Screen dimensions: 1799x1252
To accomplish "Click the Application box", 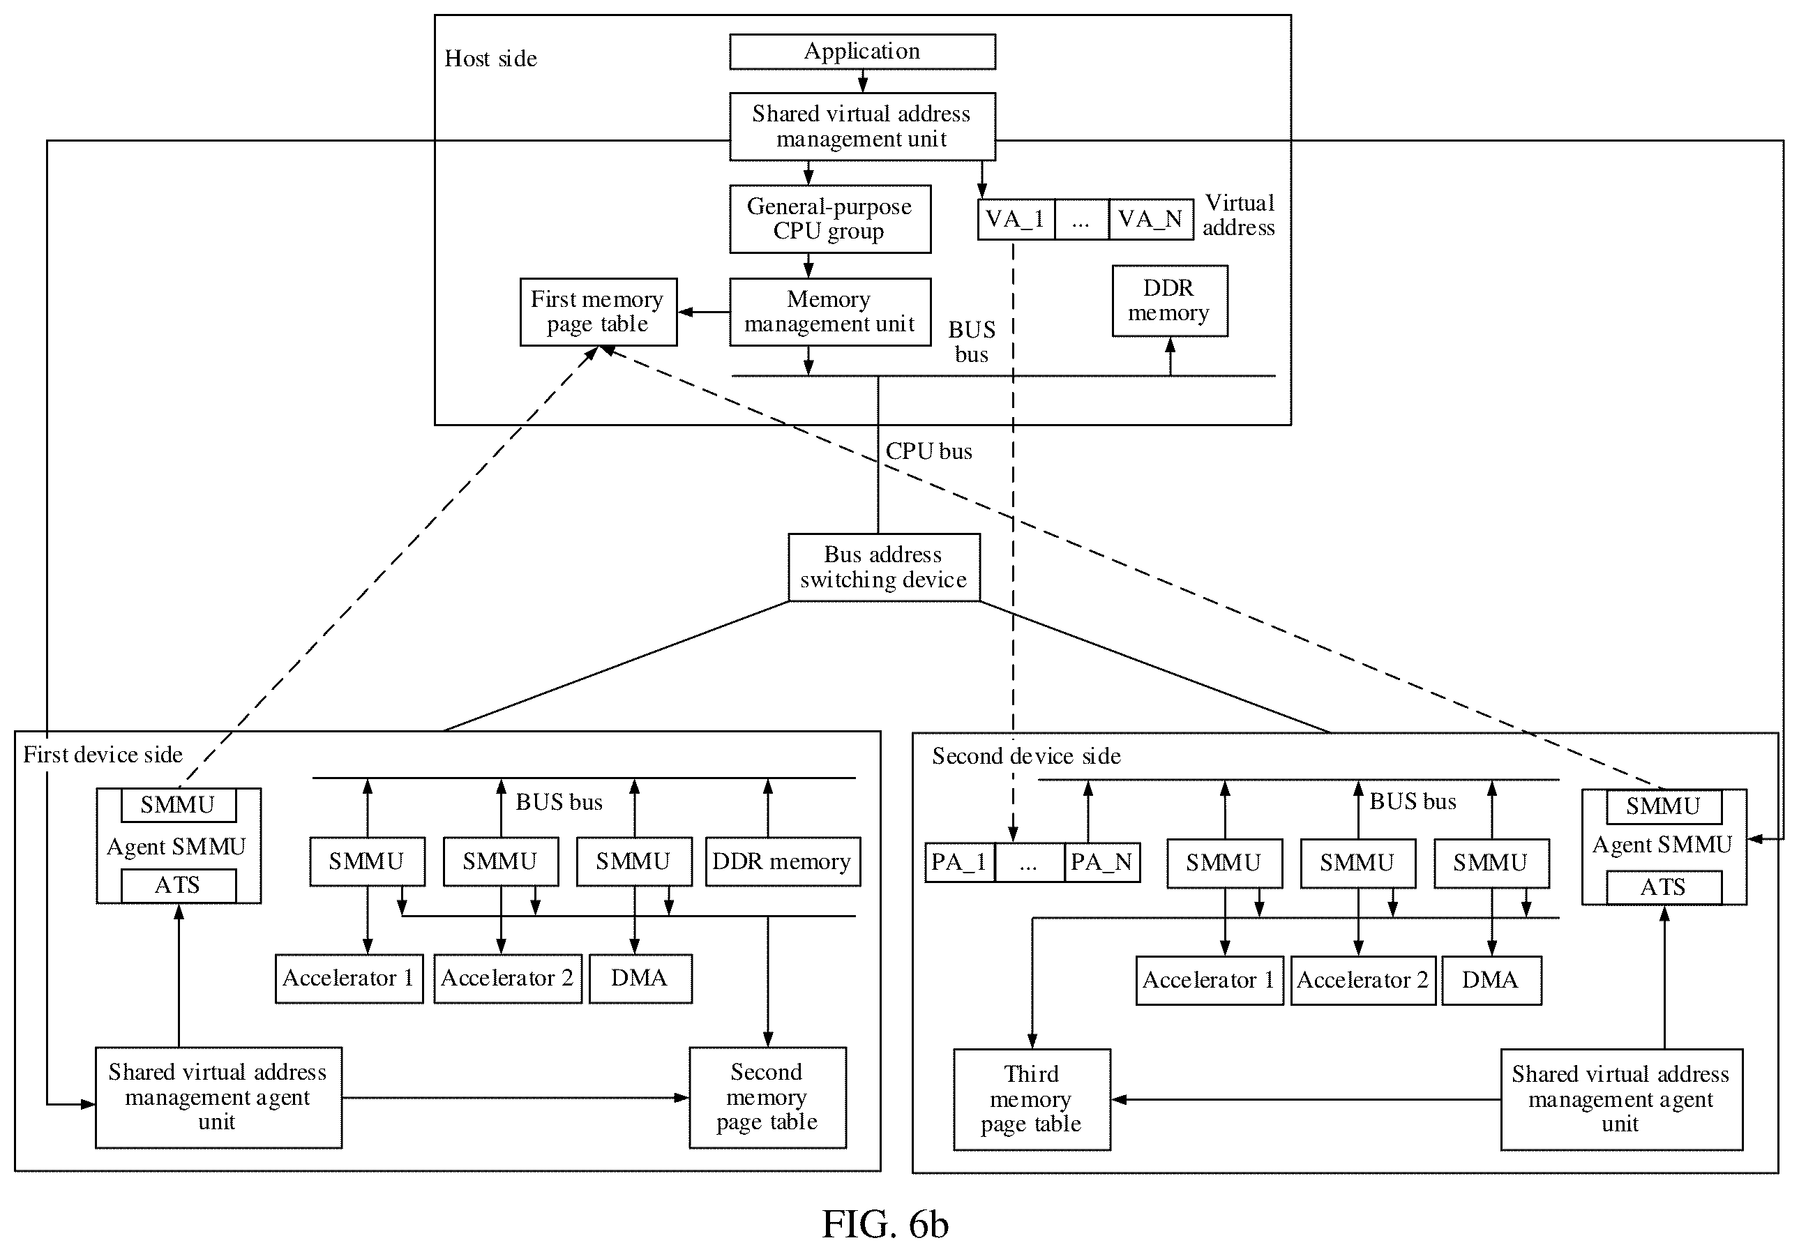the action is pos(862,52).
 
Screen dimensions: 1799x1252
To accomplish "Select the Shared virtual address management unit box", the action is pos(862,127).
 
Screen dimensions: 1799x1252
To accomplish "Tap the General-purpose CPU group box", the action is pos(830,218).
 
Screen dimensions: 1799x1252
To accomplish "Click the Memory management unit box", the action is pos(830,312).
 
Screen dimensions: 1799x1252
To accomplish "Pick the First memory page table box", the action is pos(599,312).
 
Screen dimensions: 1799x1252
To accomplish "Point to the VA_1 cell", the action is pos(1016,220).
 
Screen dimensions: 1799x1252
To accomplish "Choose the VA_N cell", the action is pos(1151,220).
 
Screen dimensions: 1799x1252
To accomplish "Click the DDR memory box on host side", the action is pos(1170,301).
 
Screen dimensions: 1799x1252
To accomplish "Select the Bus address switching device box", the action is pos(884,567).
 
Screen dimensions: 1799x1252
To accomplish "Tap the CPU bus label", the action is pos(928,451).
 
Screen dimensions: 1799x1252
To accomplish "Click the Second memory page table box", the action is pos(768,1098).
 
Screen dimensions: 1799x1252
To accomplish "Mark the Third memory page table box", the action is pos(1032,1100).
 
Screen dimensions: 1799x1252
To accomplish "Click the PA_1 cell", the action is pos(960,863).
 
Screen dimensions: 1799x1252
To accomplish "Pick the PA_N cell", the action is pos(1102,863).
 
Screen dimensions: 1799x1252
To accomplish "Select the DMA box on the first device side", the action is pos(640,979).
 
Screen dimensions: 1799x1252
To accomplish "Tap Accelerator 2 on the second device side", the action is pos(1363,980).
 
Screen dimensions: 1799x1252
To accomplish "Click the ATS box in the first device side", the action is pos(179,885).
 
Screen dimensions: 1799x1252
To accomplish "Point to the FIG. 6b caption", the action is pos(885,1224).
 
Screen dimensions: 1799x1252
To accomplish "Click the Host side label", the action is pos(491,59).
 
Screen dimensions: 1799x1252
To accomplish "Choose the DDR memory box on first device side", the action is pos(783,862).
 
